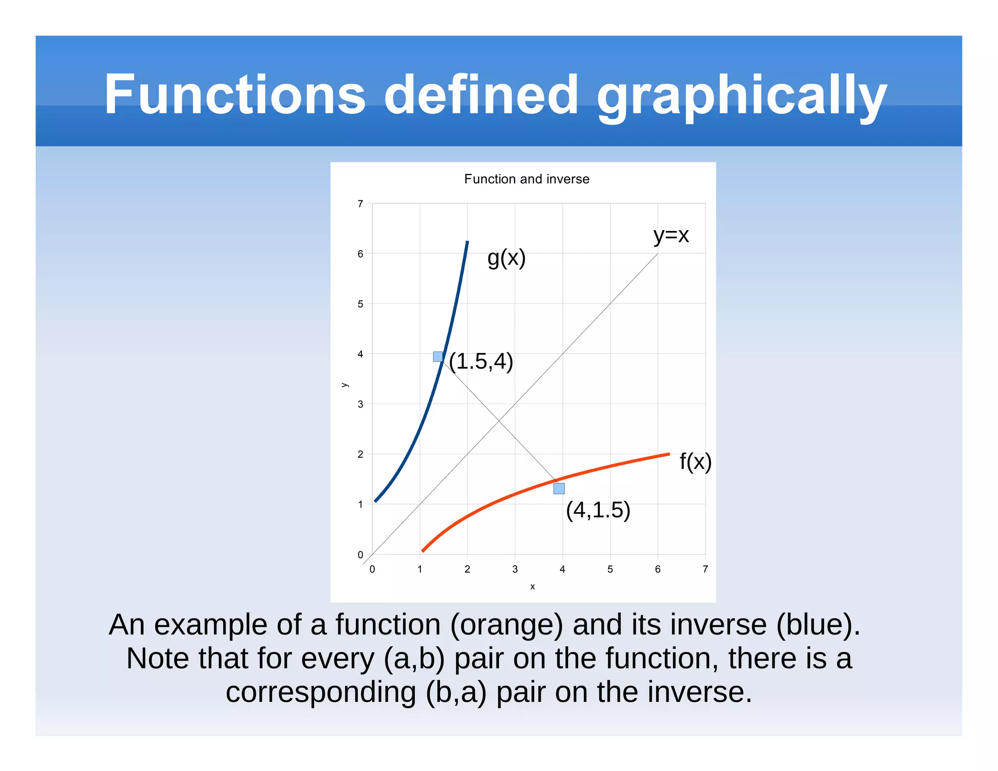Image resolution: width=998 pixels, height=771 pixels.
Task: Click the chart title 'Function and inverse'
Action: [x=526, y=179]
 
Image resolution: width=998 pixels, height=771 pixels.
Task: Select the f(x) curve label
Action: [x=695, y=461]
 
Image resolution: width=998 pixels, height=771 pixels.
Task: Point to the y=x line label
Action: [x=671, y=235]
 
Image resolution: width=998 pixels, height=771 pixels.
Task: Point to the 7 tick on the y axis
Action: [x=360, y=204]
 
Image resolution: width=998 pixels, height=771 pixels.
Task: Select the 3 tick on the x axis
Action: [x=515, y=569]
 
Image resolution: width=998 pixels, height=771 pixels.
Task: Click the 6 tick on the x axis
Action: [x=657, y=569]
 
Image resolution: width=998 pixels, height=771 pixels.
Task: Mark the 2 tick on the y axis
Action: [x=360, y=454]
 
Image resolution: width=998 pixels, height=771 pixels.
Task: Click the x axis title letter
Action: [x=532, y=587]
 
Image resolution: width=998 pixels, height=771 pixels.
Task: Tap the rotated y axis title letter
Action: [x=345, y=385]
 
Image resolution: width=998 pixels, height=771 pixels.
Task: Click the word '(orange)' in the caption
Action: [x=506, y=625]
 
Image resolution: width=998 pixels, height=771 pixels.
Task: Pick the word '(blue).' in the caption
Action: [x=818, y=625]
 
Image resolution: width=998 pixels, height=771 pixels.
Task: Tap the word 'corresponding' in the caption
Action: [x=321, y=692]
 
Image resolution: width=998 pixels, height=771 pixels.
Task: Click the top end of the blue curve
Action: [x=467, y=242]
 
